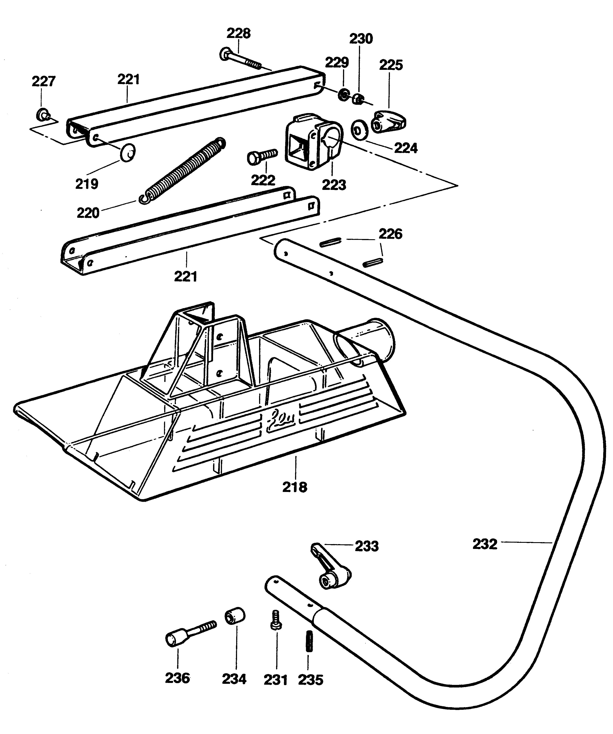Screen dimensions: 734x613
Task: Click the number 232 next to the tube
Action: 485,544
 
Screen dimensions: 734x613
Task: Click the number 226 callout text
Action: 391,234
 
